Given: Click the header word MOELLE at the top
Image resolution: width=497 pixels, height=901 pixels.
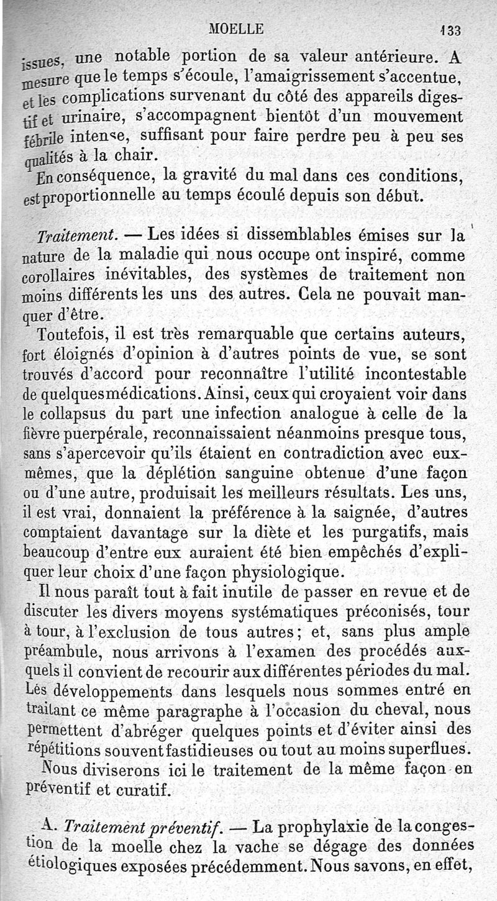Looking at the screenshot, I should pyautogui.click(x=237, y=28).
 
